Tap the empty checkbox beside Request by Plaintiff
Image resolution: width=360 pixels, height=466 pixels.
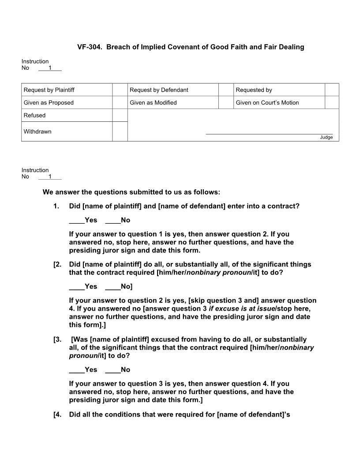[120, 90]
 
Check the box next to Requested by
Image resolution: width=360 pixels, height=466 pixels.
[332, 90]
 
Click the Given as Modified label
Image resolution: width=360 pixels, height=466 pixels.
[153, 103]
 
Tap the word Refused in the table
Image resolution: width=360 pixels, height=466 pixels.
[34, 115]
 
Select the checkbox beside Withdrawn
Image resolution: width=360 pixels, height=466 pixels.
[120, 132]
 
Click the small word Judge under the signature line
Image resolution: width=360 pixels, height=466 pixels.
[326, 137]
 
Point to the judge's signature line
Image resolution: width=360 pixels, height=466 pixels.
[269, 133]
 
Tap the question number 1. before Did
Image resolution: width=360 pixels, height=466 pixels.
[56, 206]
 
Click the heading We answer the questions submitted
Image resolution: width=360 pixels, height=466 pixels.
[131, 192]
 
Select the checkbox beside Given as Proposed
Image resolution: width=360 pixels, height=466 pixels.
[120, 103]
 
